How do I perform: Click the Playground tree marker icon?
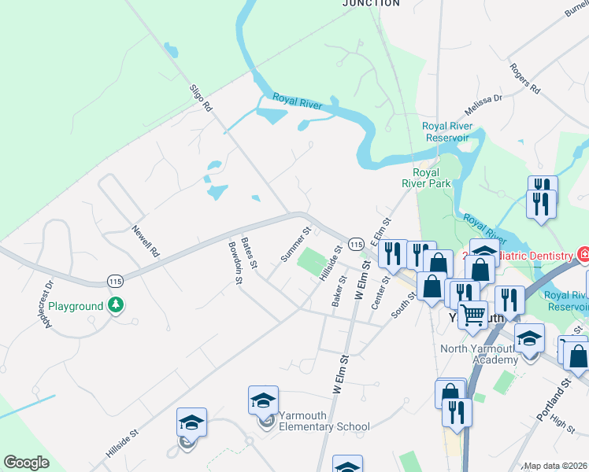click(116, 304)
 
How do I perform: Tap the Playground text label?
click(76, 306)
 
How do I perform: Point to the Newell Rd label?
click(146, 242)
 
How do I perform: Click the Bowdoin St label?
click(234, 257)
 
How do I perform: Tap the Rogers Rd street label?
click(524, 79)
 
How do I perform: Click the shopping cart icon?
click(472, 315)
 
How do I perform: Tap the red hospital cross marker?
click(583, 255)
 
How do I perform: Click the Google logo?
click(26, 463)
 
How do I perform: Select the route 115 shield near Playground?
click(115, 281)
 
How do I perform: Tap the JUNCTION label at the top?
click(371, 3)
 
